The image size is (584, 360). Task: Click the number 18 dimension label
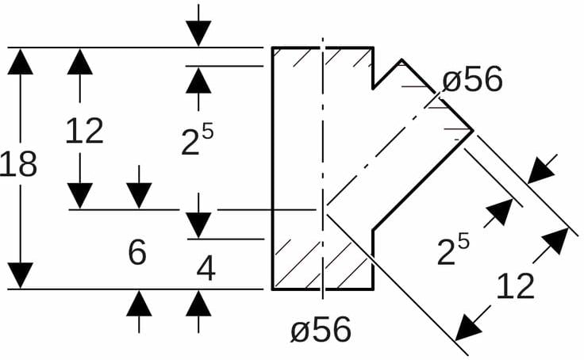click(18, 165)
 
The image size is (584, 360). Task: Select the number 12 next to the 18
click(84, 131)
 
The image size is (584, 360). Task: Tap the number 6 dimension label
click(137, 253)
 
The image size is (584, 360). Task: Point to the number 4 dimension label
click(206, 269)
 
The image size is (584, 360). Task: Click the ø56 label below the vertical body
click(321, 329)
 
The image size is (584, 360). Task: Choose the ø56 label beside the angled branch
click(472, 80)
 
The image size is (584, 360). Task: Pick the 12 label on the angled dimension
click(516, 285)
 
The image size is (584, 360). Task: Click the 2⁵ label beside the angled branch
click(453, 251)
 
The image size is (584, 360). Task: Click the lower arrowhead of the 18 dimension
click(21, 274)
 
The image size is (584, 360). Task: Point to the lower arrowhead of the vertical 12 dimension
click(80, 195)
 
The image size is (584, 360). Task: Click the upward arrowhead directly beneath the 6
click(139, 304)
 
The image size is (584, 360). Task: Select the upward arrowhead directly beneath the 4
click(199, 304)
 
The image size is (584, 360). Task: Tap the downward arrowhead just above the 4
click(199, 224)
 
